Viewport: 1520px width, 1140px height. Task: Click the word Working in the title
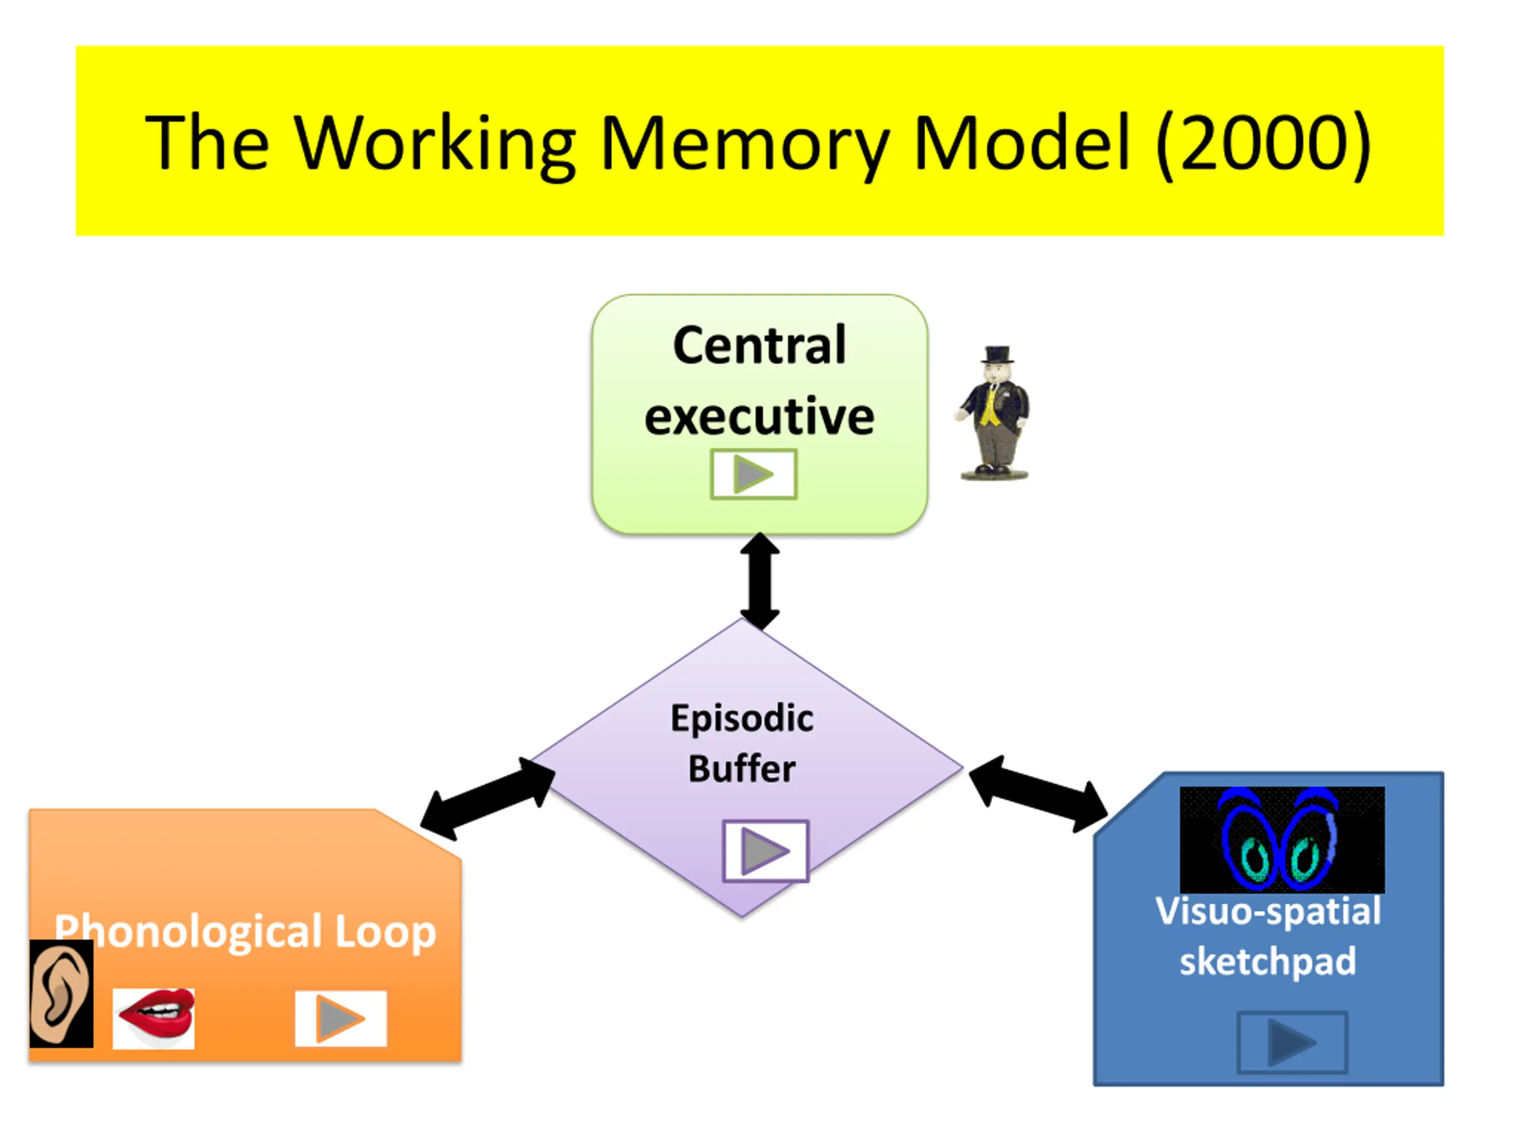pyautogui.click(x=436, y=144)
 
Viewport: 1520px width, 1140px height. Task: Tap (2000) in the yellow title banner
pyautogui.click(x=1263, y=143)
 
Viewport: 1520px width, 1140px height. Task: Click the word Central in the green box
pyautogui.click(x=759, y=345)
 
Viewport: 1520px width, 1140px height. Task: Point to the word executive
pyautogui.click(x=759, y=416)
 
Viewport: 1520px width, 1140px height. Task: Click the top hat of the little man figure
pyautogui.click(x=997, y=354)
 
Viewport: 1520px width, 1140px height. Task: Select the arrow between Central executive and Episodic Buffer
pyautogui.click(x=759, y=581)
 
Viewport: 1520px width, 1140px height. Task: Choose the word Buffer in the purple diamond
pyautogui.click(x=742, y=769)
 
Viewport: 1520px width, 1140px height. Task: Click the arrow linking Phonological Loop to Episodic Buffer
pyautogui.click(x=488, y=799)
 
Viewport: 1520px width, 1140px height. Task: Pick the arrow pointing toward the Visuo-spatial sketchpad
pyautogui.click(x=1038, y=794)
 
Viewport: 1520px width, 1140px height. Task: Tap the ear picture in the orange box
pyautogui.click(x=61, y=993)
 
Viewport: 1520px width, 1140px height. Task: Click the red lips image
pyautogui.click(x=154, y=1018)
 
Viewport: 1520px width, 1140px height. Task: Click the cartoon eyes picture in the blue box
pyautogui.click(x=1282, y=840)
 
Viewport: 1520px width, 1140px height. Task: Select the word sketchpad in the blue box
pyautogui.click(x=1268, y=962)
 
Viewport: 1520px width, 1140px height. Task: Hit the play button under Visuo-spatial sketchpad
pyautogui.click(x=1293, y=1043)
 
